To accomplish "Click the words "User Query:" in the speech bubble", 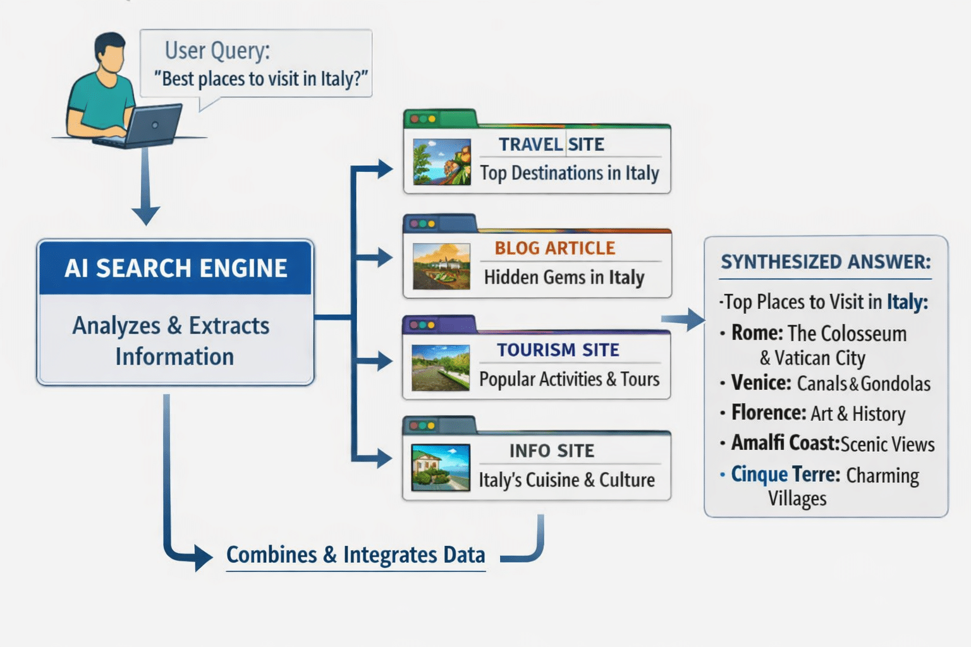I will point(217,51).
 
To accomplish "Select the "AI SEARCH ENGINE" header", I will point(176,268).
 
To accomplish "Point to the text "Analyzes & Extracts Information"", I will point(171,341).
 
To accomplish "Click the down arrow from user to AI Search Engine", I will point(146,190).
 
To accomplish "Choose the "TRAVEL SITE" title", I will point(551,145).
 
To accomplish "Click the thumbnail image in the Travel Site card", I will point(441,162).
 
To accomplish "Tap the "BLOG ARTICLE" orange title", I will point(554,248).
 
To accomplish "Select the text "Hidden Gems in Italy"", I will point(564,277).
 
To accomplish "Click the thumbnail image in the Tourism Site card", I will point(441,368).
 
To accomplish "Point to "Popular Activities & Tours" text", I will point(569,379).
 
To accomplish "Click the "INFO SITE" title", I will point(552,451).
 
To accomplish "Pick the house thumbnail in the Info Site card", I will point(441,468).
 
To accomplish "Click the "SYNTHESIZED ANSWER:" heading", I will point(826,262).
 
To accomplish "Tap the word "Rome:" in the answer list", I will point(757,333).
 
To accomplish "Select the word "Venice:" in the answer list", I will point(760,383).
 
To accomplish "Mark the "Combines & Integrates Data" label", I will point(356,555).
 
